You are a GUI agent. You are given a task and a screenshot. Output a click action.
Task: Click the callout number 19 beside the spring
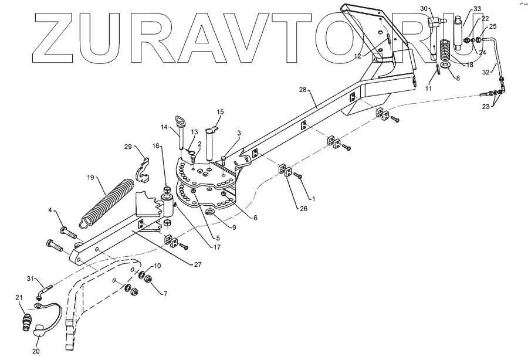[x=90, y=176]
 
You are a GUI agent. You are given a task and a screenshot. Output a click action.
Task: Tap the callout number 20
[x=35, y=352]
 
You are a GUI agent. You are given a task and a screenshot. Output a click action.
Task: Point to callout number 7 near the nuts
[x=164, y=293]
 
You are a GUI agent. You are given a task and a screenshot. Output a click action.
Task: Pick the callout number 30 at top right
[x=424, y=8]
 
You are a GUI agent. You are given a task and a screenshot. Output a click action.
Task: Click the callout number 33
[x=477, y=9]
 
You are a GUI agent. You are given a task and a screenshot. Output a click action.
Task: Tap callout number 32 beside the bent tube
[x=487, y=73]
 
